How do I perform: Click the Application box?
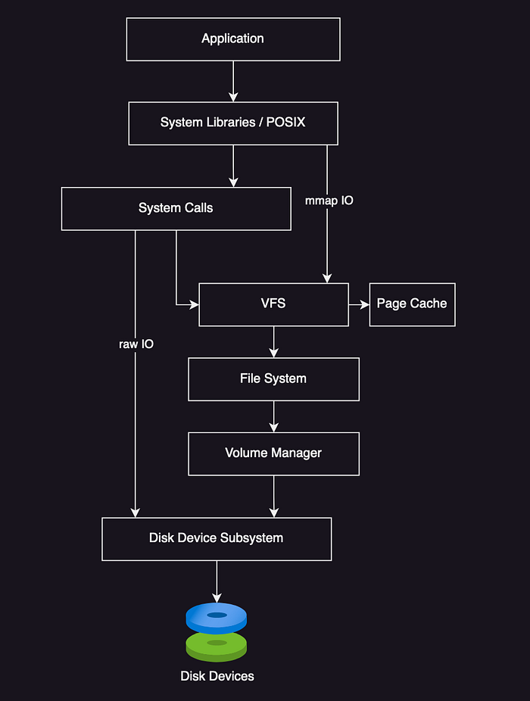click(233, 39)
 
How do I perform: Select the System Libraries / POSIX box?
click(233, 123)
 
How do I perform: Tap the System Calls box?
click(176, 209)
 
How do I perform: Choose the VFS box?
click(274, 304)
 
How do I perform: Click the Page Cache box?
click(413, 304)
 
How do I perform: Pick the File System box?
click(274, 379)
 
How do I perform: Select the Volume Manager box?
click(274, 453)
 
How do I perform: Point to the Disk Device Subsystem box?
click(217, 539)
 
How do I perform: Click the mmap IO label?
click(329, 201)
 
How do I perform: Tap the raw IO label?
click(136, 344)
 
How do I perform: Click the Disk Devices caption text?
click(217, 676)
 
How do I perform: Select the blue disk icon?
click(217, 617)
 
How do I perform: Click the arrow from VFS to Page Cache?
click(359, 304)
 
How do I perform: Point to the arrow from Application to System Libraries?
click(233, 81)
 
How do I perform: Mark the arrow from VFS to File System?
click(274, 342)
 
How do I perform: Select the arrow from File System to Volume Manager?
click(274, 416)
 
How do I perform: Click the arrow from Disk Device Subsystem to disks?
click(217, 581)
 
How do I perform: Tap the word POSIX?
click(285, 122)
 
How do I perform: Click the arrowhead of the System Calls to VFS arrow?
click(195, 304)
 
